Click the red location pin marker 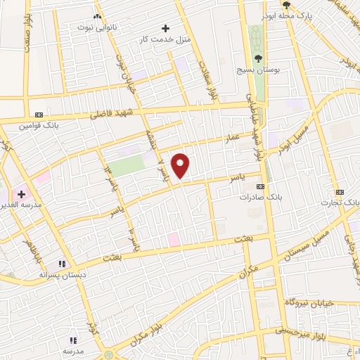click(x=181, y=165)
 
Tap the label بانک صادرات click(x=261, y=198)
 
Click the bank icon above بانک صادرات click(x=261, y=187)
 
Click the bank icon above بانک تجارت click(x=340, y=192)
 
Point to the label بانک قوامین click(x=39, y=125)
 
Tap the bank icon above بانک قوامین click(x=39, y=114)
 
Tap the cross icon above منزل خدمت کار click(x=165, y=28)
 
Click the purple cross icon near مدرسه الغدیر click(x=21, y=194)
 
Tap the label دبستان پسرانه click(x=62, y=274)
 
